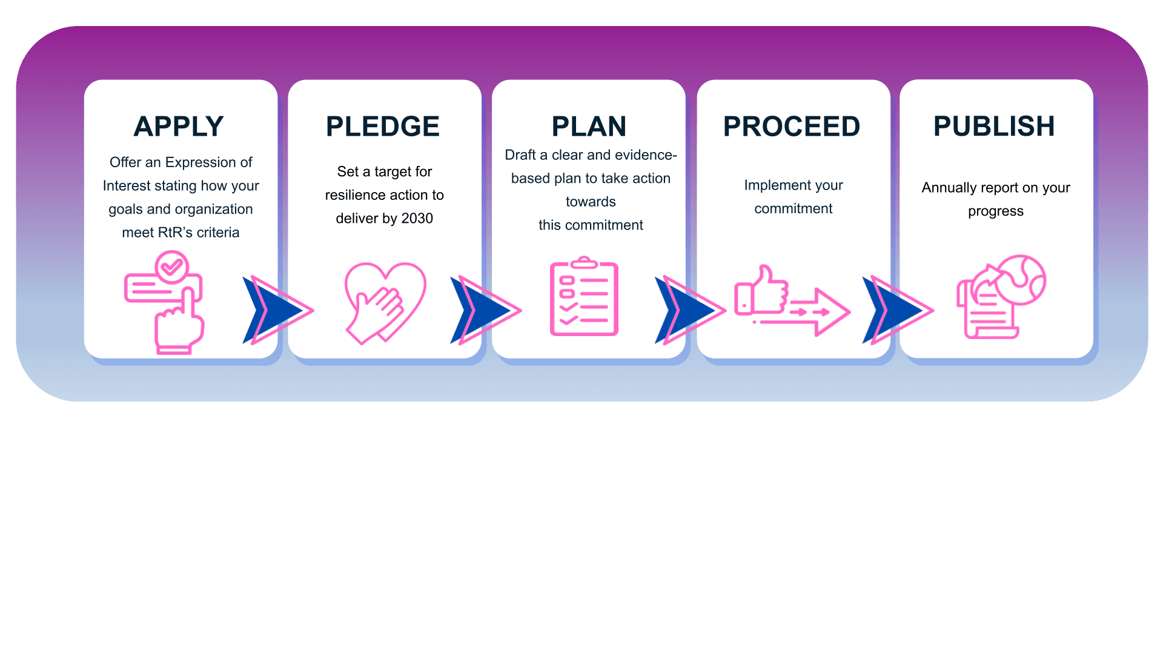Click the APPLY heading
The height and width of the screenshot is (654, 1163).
pyautogui.click(x=179, y=127)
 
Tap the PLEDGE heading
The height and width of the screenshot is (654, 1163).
pyautogui.click(x=383, y=127)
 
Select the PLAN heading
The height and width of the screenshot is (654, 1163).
pyautogui.click(x=589, y=127)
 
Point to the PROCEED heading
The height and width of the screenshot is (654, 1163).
pyautogui.click(x=792, y=127)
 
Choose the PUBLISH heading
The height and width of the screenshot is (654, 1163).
pyautogui.click(x=994, y=126)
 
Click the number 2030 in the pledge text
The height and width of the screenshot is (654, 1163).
pyautogui.click(x=417, y=218)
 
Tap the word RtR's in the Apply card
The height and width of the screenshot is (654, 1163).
pyautogui.click(x=175, y=233)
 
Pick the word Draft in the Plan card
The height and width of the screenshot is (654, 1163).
pyautogui.click(x=520, y=155)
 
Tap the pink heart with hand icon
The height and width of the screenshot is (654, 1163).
pyautogui.click(x=385, y=302)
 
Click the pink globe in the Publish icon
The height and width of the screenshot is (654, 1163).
pyautogui.click(x=1022, y=279)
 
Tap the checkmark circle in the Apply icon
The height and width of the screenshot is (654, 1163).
pyautogui.click(x=172, y=266)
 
